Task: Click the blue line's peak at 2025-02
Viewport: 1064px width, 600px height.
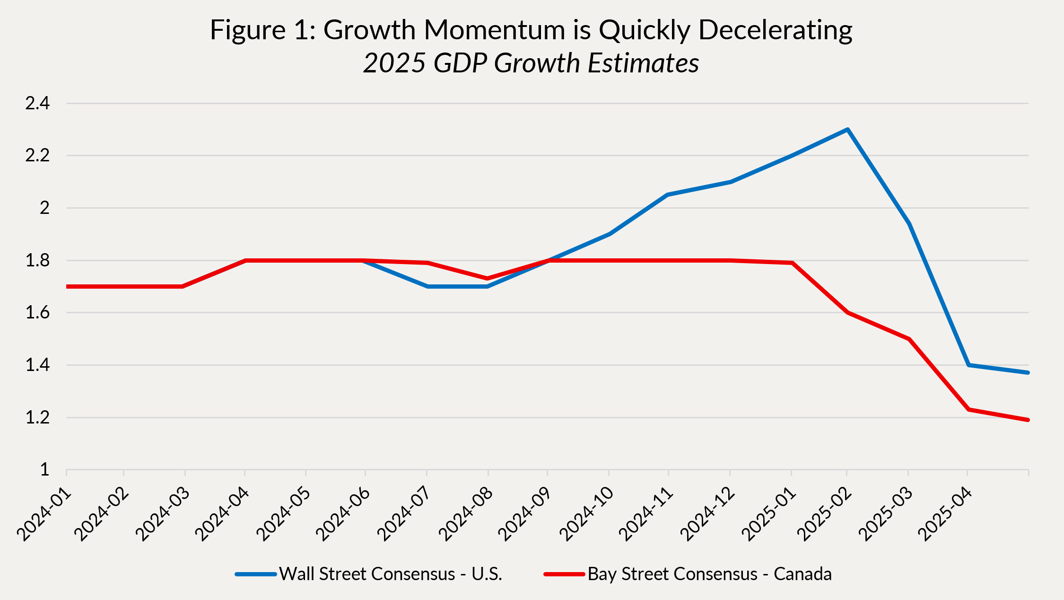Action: pyautogui.click(x=847, y=130)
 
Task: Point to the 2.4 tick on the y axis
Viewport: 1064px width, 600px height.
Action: pyautogui.click(x=37, y=103)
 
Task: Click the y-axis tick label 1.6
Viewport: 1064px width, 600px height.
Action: pyautogui.click(x=37, y=313)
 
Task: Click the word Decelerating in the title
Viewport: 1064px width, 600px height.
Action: pyautogui.click(x=775, y=30)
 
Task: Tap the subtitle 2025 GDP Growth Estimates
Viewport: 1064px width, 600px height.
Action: pyautogui.click(x=531, y=63)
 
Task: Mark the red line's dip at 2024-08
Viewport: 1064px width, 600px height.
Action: pyautogui.click(x=488, y=278)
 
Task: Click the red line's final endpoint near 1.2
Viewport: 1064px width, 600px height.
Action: pyautogui.click(x=1028, y=420)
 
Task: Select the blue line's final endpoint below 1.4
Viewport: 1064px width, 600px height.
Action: pyautogui.click(x=1028, y=373)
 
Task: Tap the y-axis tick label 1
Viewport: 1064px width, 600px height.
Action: pyautogui.click(x=44, y=469)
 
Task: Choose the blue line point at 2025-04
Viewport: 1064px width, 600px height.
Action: pyautogui.click(x=968, y=365)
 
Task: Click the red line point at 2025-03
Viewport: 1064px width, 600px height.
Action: pyautogui.click(x=909, y=339)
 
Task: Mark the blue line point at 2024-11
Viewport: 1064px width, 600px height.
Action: pyautogui.click(x=668, y=194)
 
